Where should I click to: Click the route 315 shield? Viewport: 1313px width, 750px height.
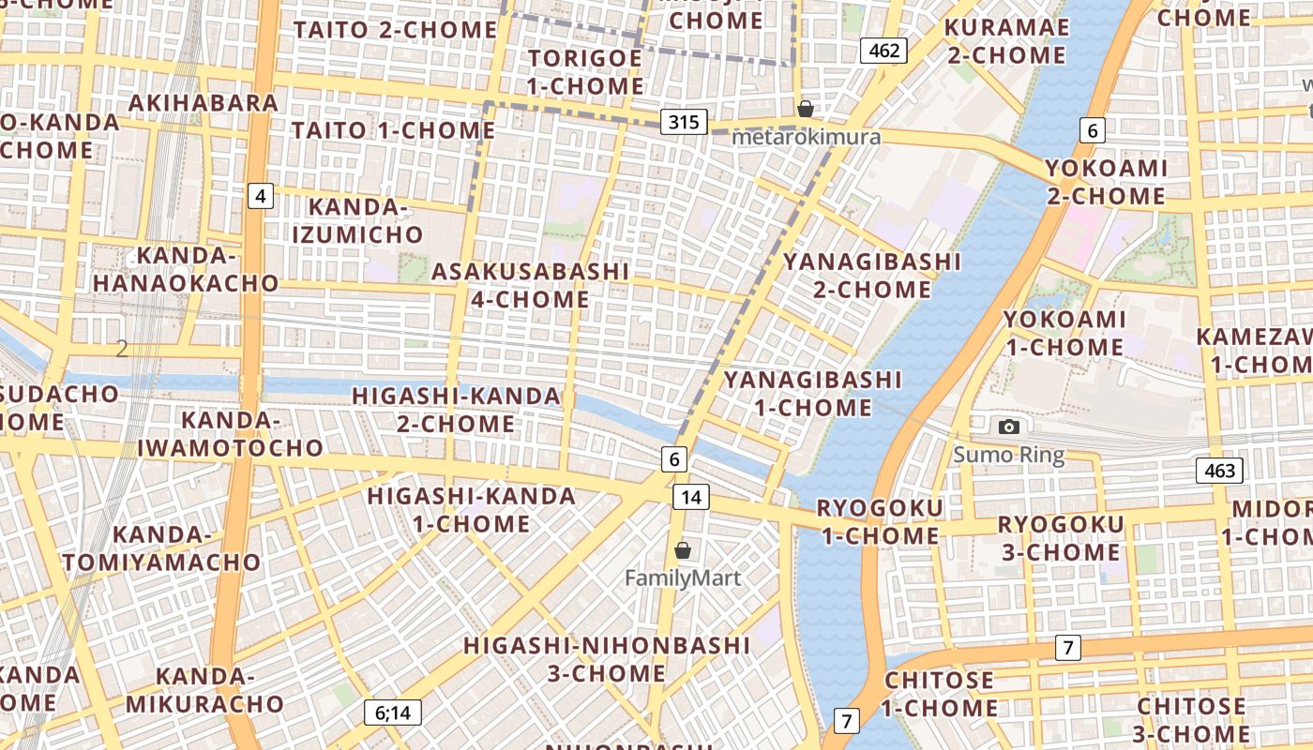pyautogui.click(x=684, y=122)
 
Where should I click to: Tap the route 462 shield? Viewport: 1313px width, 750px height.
pyautogui.click(x=883, y=50)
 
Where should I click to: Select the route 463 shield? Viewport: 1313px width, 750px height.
pyautogui.click(x=1219, y=471)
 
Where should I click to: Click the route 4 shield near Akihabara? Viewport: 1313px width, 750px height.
pyautogui.click(x=261, y=196)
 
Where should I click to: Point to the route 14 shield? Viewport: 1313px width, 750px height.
pyautogui.click(x=690, y=497)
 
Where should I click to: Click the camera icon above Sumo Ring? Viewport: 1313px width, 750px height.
pyautogui.click(x=1009, y=427)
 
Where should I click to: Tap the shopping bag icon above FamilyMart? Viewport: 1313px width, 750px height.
pyautogui.click(x=683, y=550)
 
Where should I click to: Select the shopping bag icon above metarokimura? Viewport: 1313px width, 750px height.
pyautogui.click(x=805, y=109)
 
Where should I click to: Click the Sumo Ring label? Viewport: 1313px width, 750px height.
pyautogui.click(x=1009, y=456)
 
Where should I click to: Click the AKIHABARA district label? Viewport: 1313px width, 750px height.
pyautogui.click(x=204, y=102)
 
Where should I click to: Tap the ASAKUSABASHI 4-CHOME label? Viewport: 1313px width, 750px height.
pyautogui.click(x=530, y=286)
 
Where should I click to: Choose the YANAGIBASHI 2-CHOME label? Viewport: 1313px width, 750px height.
pyautogui.click(x=872, y=275)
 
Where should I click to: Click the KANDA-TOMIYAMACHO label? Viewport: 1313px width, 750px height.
pyautogui.click(x=161, y=548)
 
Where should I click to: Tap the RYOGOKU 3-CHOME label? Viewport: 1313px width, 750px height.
pyautogui.click(x=1060, y=538)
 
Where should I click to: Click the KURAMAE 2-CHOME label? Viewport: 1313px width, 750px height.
pyautogui.click(x=1006, y=41)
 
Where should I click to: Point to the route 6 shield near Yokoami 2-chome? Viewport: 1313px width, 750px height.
pyautogui.click(x=1091, y=130)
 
